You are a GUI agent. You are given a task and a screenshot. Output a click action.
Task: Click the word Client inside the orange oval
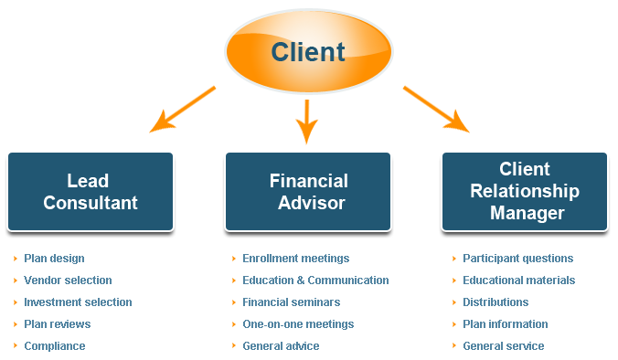tap(308, 51)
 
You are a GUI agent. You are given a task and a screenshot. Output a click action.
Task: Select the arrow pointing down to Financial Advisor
tap(306, 123)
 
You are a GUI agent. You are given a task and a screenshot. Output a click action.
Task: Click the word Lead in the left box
tap(89, 181)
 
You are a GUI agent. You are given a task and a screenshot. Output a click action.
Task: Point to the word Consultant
tap(90, 202)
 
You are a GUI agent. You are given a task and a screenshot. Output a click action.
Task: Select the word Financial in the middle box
tap(308, 181)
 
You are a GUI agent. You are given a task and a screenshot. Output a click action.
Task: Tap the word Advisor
tap(308, 202)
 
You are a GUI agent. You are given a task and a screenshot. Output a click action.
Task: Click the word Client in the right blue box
tap(524, 170)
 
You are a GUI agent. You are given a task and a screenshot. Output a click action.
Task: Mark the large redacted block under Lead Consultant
tap(78, 291)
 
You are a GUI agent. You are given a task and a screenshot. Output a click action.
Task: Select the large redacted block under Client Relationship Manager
tap(518, 291)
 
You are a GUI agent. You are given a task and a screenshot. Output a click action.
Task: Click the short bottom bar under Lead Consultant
tap(55, 346)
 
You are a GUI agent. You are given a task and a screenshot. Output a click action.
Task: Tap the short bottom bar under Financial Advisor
tap(281, 346)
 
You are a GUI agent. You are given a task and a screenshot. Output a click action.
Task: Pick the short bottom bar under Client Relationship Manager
tap(503, 346)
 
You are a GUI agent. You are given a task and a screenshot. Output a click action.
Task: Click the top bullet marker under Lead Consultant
tap(16, 259)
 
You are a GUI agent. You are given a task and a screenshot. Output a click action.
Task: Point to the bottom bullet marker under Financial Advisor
tap(235, 346)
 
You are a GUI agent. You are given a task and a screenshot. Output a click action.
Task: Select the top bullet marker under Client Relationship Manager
tap(454, 259)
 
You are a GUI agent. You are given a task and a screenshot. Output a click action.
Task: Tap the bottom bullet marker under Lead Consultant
tap(16, 346)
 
